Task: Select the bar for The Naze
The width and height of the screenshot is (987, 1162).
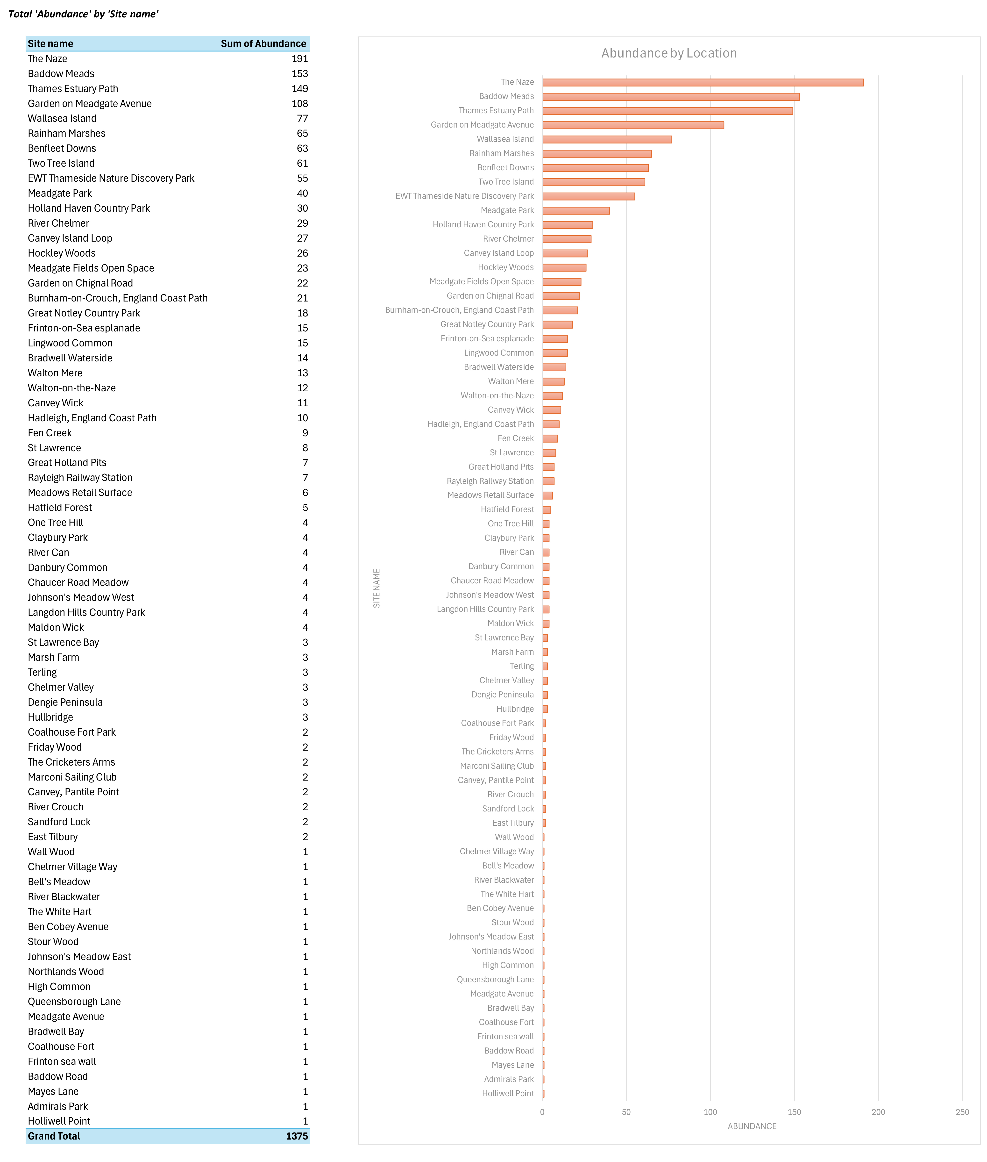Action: (x=703, y=82)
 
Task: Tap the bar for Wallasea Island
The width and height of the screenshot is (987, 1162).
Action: (x=607, y=139)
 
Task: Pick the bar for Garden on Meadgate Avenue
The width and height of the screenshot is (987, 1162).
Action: (x=633, y=125)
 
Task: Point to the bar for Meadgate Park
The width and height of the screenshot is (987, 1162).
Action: (x=576, y=210)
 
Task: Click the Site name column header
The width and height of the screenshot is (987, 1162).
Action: (x=50, y=44)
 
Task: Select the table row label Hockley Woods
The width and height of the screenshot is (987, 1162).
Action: (x=62, y=253)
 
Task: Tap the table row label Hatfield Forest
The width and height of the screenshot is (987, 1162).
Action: (x=60, y=508)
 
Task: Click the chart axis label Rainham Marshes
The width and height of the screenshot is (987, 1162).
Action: (x=501, y=153)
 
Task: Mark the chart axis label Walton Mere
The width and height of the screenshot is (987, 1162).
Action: (x=511, y=381)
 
